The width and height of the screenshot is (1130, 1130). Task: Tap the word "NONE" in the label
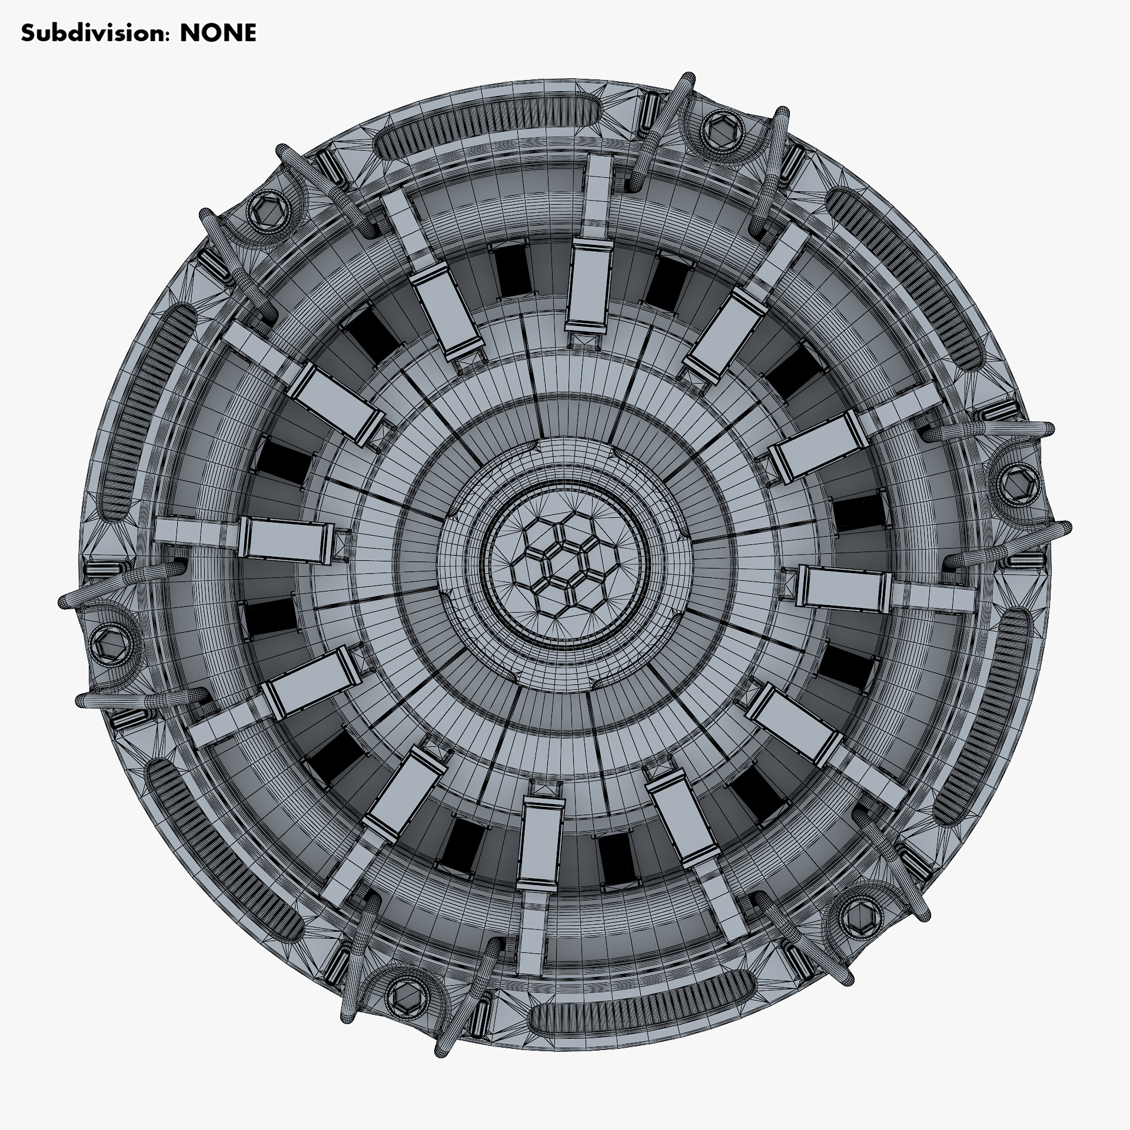[218, 34]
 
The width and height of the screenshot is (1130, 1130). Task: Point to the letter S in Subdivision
[27, 34]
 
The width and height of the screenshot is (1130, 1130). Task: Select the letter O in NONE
[209, 34]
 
